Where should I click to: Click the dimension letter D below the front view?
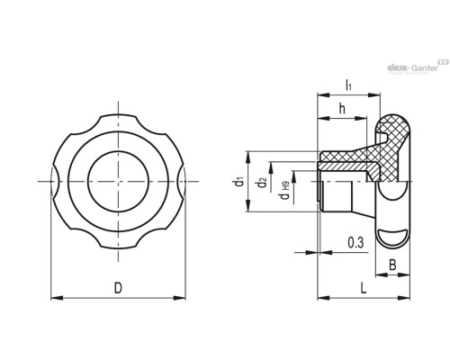click(118, 288)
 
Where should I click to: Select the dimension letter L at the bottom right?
click(364, 289)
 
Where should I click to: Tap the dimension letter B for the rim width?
click(392, 265)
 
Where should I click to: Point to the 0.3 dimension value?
click(355, 242)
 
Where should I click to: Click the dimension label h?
click(342, 109)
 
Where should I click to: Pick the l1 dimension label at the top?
click(348, 85)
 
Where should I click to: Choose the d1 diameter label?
click(238, 182)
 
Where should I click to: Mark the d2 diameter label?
click(262, 183)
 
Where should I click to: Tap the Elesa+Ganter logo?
click(418, 67)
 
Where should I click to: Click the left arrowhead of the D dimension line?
click(57, 298)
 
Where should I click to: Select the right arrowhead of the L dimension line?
click(403, 298)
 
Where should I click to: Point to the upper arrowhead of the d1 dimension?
click(248, 157)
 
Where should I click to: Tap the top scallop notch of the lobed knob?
click(118, 116)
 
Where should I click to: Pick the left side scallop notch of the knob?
click(56, 182)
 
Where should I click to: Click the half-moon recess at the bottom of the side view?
click(391, 238)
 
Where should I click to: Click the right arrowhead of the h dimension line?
click(361, 119)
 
